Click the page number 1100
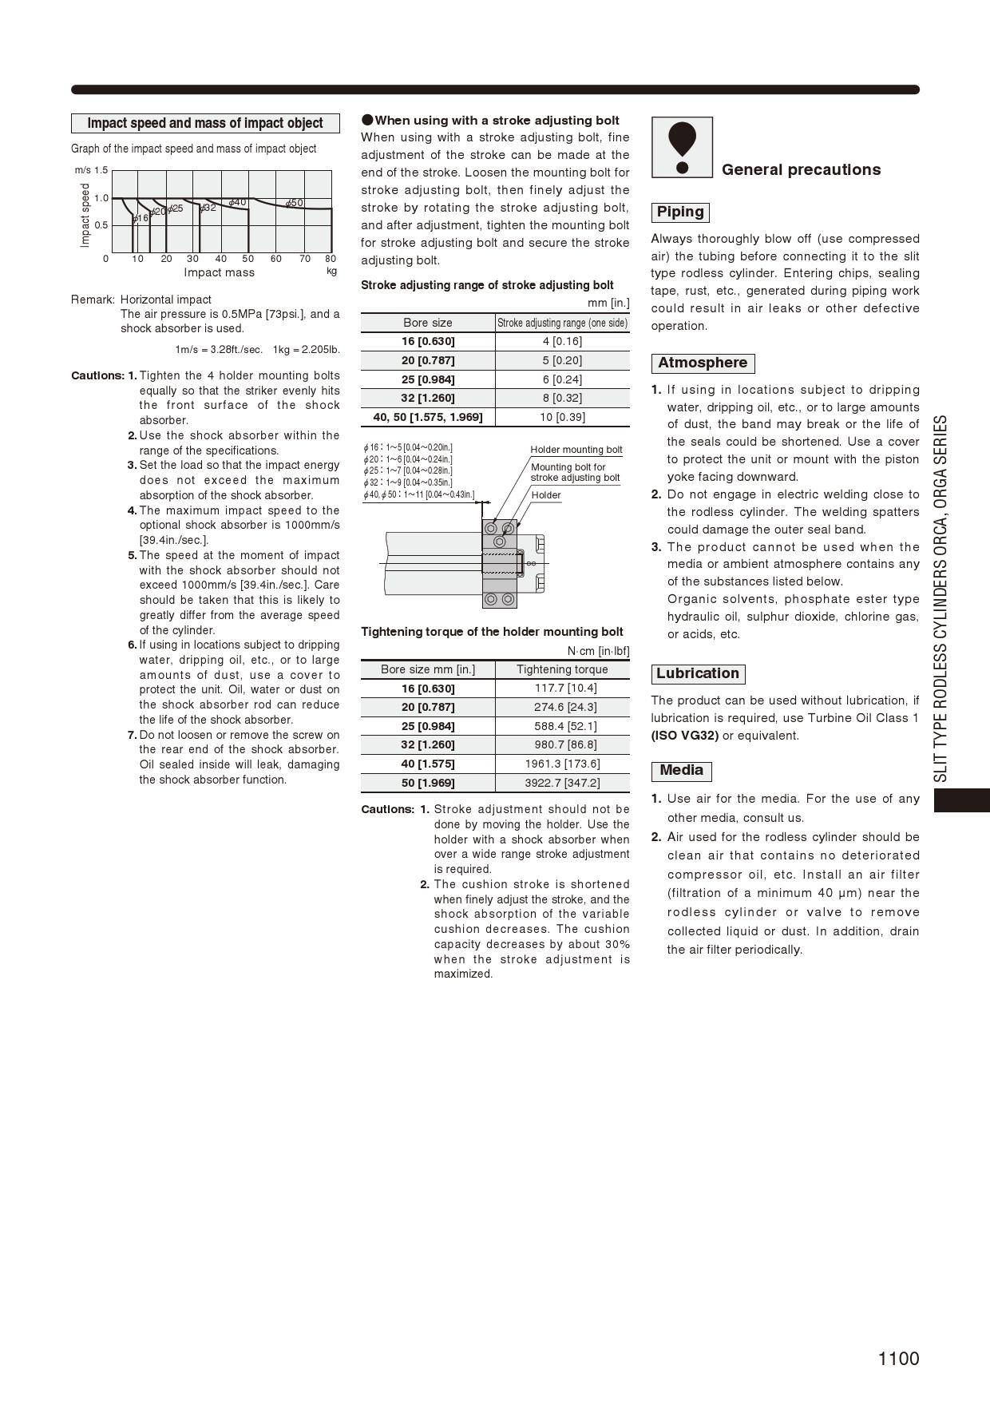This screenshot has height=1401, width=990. [x=898, y=1359]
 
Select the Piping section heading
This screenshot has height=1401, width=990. [x=680, y=212]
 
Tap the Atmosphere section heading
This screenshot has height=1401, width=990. [x=703, y=363]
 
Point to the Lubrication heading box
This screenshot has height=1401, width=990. [x=698, y=674]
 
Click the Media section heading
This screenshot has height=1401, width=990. [x=681, y=771]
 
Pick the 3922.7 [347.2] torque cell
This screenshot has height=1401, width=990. [x=562, y=783]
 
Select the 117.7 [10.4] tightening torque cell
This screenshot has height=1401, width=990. [x=562, y=688]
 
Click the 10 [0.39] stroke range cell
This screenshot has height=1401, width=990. [x=562, y=417]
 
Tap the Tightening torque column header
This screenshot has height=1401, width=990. [x=562, y=669]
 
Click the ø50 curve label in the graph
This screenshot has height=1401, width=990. [x=295, y=203]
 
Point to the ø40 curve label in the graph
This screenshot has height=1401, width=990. [x=237, y=203]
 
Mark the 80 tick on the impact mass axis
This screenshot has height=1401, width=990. [x=331, y=259]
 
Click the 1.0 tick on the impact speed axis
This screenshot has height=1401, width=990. [x=101, y=198]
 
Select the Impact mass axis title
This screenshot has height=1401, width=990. [x=219, y=272]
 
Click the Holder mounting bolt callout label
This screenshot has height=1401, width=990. [x=576, y=450]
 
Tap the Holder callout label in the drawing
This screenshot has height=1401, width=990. [x=546, y=495]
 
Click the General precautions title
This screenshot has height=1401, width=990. [x=801, y=169]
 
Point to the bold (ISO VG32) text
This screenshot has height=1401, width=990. [x=684, y=736]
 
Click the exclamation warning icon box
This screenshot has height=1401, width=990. [x=682, y=148]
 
